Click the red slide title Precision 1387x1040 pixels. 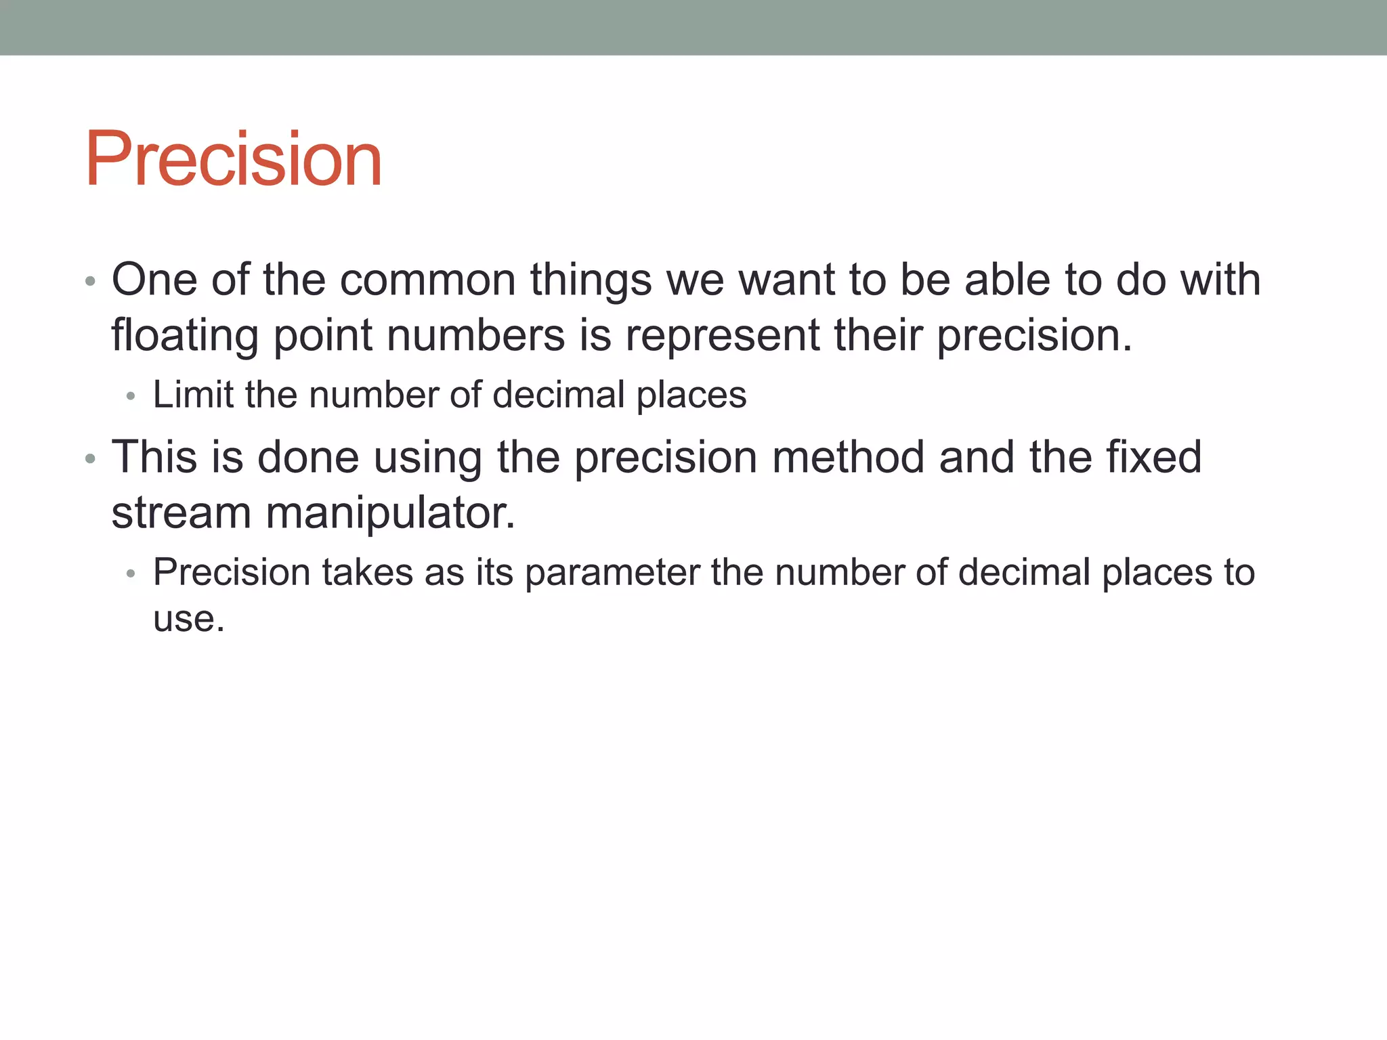coord(234,159)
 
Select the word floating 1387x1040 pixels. coord(184,336)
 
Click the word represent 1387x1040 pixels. coord(722,336)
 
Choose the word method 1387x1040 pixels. coord(848,457)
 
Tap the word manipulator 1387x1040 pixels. coord(390,513)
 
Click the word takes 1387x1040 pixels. coord(367,573)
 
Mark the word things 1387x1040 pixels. coord(591,280)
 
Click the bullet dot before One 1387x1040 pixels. coord(90,281)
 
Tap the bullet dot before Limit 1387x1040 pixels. coord(131,397)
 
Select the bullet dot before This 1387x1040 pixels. coord(90,459)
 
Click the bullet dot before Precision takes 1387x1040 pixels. coord(131,574)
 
